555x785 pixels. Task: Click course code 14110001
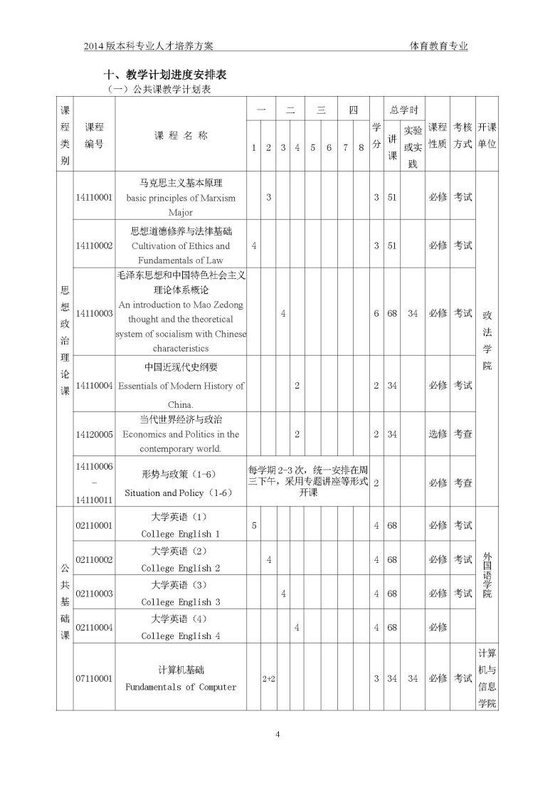pyautogui.click(x=94, y=197)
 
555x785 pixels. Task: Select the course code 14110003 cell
pyautogui.click(x=94, y=313)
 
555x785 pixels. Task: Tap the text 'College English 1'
pyautogui.click(x=181, y=534)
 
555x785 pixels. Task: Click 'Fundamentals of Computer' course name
pyautogui.click(x=181, y=687)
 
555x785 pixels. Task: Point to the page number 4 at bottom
pyautogui.click(x=278, y=734)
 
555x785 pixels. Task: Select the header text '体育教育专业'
pyautogui.click(x=439, y=46)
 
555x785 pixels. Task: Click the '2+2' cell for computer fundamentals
pyautogui.click(x=268, y=679)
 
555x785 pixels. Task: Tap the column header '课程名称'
pyautogui.click(x=181, y=135)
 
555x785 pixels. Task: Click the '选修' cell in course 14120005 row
pyautogui.click(x=438, y=433)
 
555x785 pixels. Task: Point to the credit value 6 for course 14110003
pyautogui.click(x=376, y=313)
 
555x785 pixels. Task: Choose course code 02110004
pyautogui.click(x=94, y=627)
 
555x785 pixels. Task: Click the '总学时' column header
pyautogui.click(x=403, y=110)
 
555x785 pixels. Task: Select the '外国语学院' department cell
pyautogui.click(x=487, y=574)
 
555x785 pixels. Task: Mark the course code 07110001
pyautogui.click(x=94, y=679)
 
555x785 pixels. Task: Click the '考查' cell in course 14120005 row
pyautogui.click(x=462, y=433)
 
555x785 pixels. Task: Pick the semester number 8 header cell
pyautogui.click(x=361, y=147)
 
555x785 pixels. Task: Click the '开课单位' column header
pyautogui.click(x=487, y=135)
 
